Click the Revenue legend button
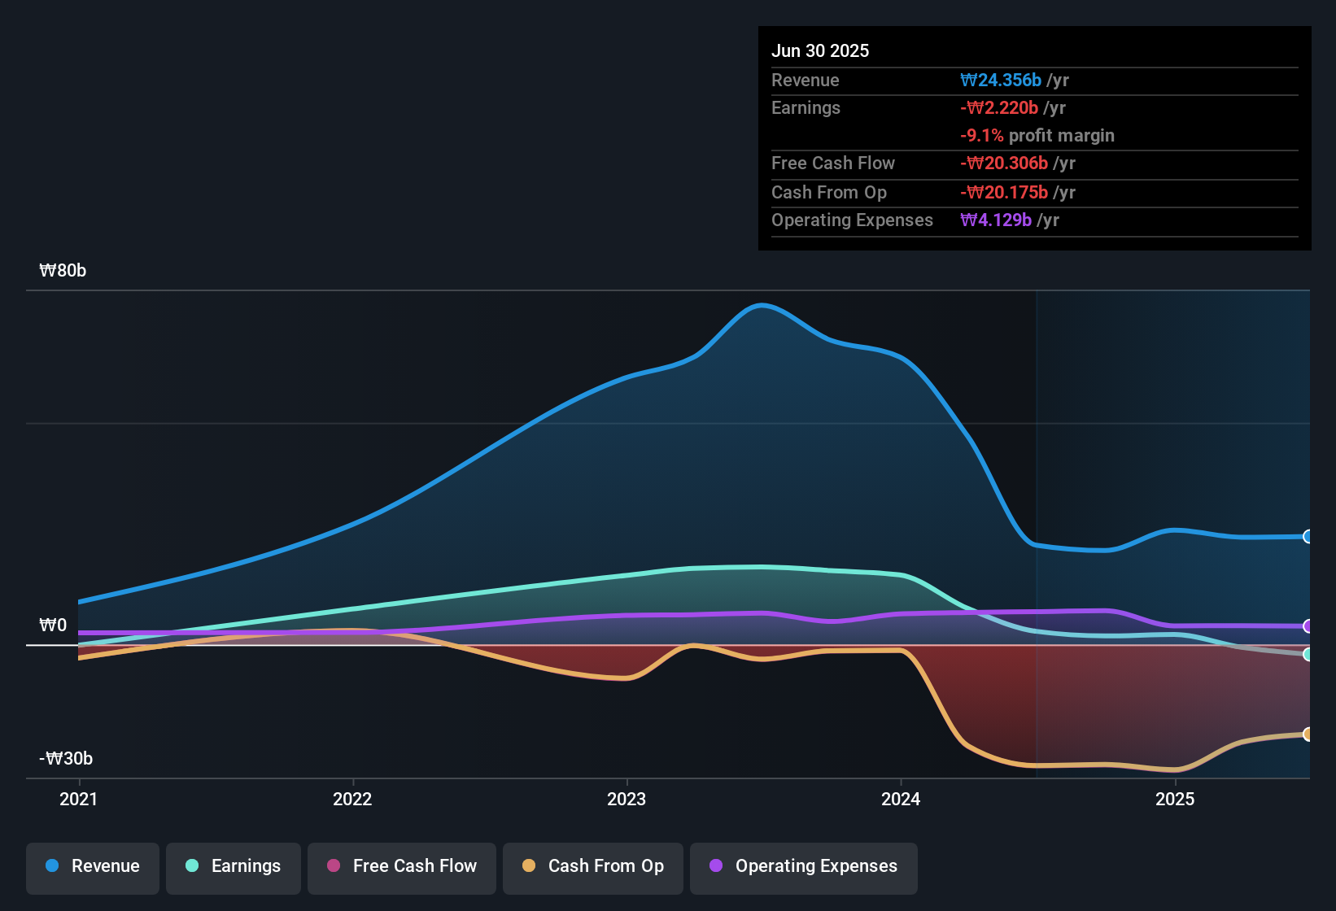click(x=93, y=866)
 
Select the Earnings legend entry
click(x=234, y=866)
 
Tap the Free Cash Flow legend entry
click(x=402, y=866)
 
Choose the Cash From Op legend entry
click(x=593, y=866)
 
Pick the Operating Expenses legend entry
click(x=804, y=866)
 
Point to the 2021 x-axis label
click(x=79, y=800)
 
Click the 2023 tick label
click(x=627, y=800)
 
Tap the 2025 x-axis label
click(x=1175, y=800)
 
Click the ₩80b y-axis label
click(x=63, y=271)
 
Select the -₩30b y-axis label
click(x=66, y=759)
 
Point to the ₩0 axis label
click(x=54, y=625)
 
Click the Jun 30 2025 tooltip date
click(x=820, y=51)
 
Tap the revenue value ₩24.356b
click(x=1001, y=81)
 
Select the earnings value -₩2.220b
click(x=999, y=108)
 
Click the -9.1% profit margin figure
click(x=982, y=136)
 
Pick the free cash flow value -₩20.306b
click(x=1004, y=163)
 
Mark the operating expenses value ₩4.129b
click(x=996, y=220)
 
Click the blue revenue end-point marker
click(x=1308, y=537)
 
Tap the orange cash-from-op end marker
click(x=1308, y=734)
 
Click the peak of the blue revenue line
click(x=761, y=306)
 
